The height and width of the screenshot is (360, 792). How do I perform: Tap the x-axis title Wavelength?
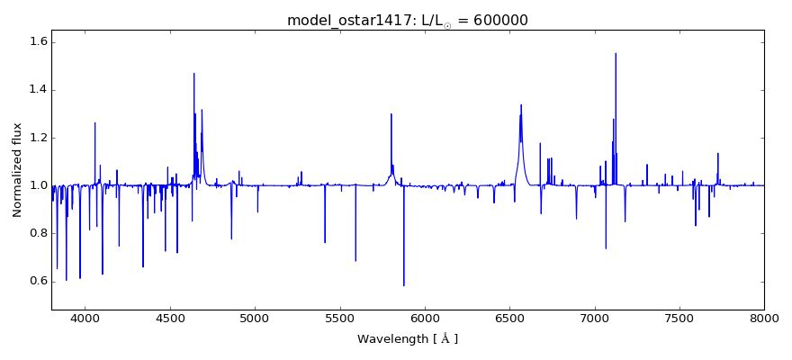pos(407,339)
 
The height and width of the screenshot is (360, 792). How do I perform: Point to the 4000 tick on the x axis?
pos(85,318)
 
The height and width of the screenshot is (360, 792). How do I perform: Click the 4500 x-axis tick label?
pos(170,318)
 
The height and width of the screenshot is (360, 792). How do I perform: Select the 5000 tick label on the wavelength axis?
pos(255,318)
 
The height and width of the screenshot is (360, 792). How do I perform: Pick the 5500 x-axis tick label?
pos(339,318)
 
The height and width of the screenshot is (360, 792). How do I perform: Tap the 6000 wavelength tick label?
pos(425,318)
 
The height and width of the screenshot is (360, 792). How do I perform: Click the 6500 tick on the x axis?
pos(509,318)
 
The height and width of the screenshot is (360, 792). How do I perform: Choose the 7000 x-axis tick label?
pos(594,318)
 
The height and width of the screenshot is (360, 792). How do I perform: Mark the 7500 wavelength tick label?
pos(679,318)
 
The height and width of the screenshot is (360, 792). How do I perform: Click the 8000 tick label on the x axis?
pos(764,318)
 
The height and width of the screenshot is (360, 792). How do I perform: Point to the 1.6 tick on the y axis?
pos(37,42)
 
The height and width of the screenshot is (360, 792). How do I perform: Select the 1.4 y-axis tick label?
pos(37,90)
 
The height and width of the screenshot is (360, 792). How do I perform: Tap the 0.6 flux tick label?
pos(37,281)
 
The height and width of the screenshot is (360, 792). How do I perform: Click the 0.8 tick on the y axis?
pos(37,233)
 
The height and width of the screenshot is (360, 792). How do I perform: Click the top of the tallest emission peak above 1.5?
pos(616,53)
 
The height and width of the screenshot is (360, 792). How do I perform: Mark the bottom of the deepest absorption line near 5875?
pos(404,285)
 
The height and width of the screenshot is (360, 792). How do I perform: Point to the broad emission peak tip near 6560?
pos(521,104)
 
